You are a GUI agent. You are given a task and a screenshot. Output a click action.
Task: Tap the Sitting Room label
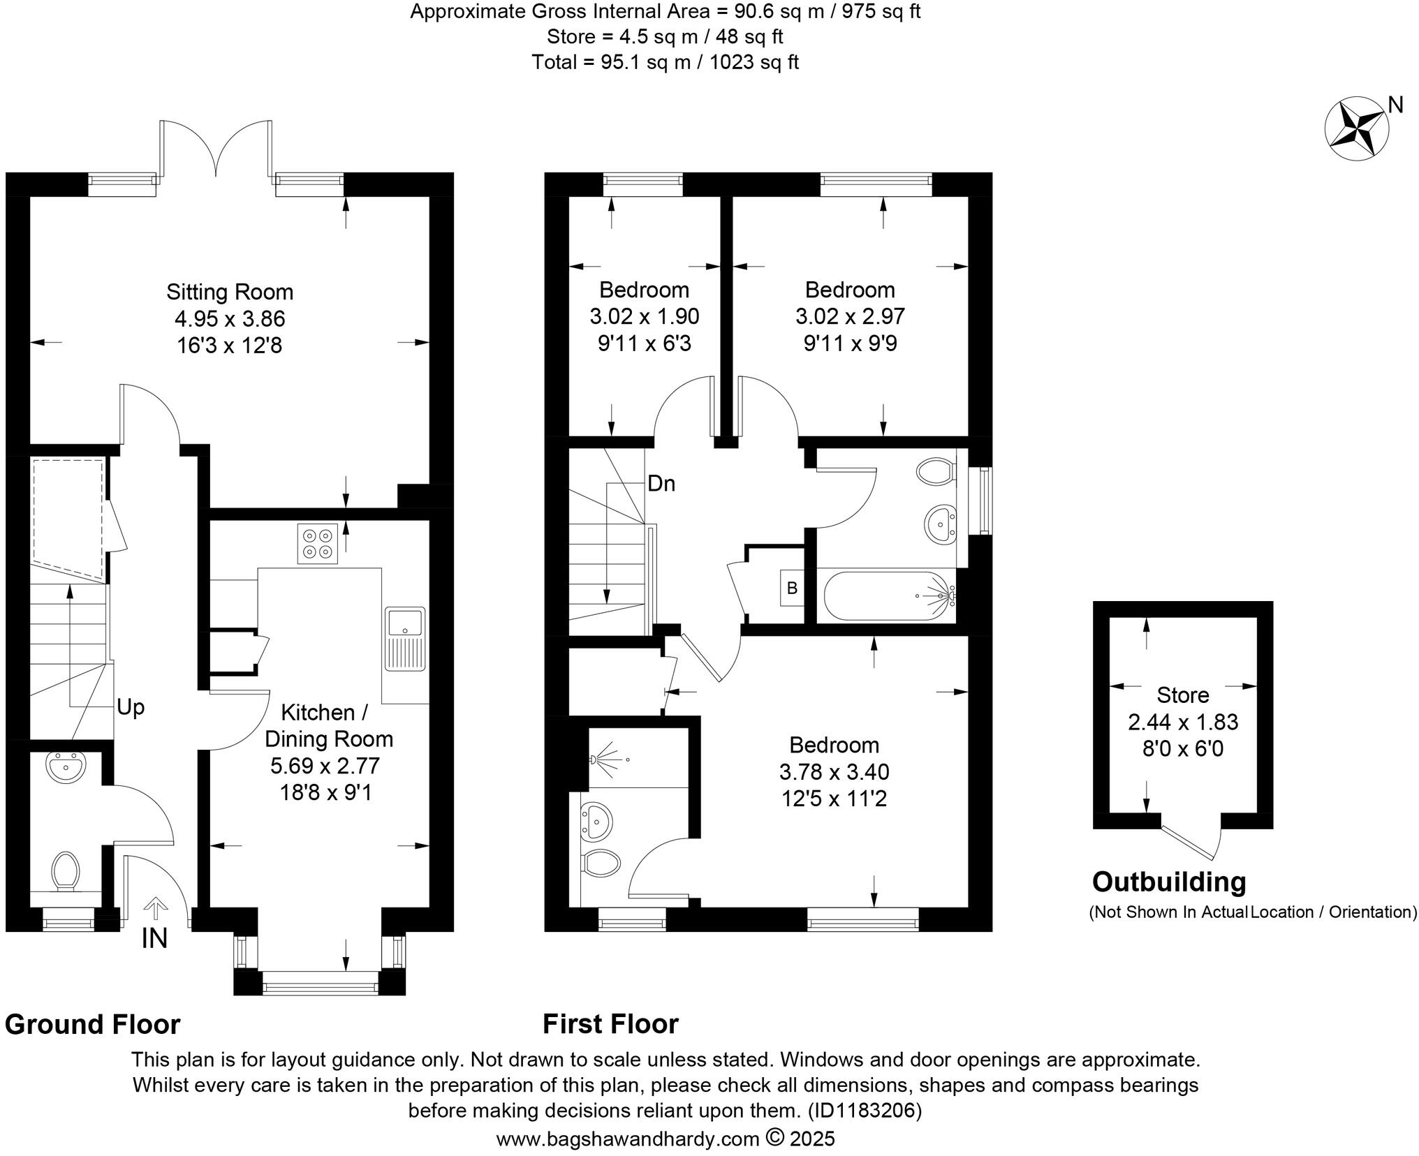(229, 291)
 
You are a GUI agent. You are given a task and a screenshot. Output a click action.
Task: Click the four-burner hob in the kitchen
(318, 543)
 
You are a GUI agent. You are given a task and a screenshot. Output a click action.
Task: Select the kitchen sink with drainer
(405, 638)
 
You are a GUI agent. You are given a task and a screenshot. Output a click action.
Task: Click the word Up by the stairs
(131, 707)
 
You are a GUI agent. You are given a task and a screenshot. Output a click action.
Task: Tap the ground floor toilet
(66, 871)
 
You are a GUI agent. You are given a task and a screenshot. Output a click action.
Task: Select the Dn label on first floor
(661, 483)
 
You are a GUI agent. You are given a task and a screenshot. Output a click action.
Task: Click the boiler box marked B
(792, 588)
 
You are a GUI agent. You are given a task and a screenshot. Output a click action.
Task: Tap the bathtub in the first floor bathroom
(888, 595)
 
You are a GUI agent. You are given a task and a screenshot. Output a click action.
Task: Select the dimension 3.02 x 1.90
(644, 317)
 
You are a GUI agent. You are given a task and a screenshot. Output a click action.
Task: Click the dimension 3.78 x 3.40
(834, 771)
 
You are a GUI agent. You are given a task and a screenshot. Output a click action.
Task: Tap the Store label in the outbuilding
(1182, 695)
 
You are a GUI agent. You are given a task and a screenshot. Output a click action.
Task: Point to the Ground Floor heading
(93, 1025)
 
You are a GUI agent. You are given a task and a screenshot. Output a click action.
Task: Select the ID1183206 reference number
(865, 1110)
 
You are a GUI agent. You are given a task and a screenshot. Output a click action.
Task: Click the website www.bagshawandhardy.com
(627, 1139)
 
